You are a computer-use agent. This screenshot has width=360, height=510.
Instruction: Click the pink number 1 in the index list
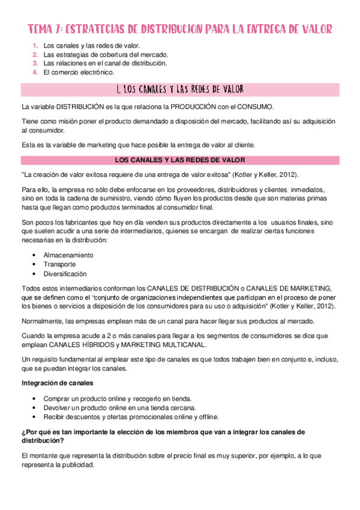[35, 45]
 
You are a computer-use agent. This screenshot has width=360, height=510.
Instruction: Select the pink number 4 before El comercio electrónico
[35, 72]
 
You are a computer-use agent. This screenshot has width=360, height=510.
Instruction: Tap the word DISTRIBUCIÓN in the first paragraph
[78, 107]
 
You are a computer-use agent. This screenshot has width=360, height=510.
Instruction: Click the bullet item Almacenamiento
[68, 255]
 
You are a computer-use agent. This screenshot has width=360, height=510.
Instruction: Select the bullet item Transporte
[59, 264]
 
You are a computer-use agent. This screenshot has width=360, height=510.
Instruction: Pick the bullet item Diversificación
[65, 274]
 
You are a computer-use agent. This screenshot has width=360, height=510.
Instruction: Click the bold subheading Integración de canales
[58, 382]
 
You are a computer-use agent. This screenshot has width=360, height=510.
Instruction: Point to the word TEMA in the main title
[43, 29]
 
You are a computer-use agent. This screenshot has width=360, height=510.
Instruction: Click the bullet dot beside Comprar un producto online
[35, 398]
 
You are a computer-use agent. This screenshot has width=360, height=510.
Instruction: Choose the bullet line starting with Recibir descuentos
[131, 417]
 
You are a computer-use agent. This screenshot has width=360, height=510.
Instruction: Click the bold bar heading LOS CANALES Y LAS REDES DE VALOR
[180, 160]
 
